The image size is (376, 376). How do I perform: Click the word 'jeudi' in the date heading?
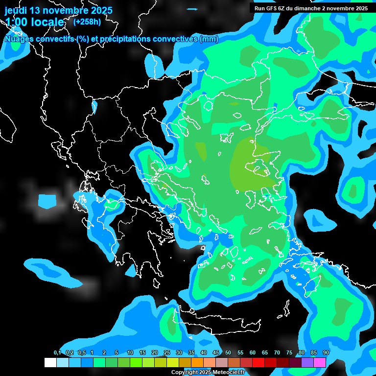pos(16,10)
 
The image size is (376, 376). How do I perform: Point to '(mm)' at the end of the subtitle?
pos(209,39)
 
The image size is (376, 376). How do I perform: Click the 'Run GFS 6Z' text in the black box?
pos(271,8)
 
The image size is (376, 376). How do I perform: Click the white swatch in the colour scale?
pos(50,362)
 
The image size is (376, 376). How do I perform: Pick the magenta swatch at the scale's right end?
pos(320,362)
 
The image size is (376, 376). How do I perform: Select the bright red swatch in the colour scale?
pos(258,362)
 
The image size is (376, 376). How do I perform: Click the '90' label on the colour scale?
pos(326,352)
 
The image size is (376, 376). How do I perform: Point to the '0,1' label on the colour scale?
pos(57,352)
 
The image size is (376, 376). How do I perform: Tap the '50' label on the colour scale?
pos(228,352)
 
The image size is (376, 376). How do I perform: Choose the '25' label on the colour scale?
pos(167,352)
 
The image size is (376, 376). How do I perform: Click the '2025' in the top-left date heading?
pos(101,10)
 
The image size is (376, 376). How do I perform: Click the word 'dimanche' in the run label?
pos(306,8)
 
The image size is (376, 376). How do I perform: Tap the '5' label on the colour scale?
pos(116,352)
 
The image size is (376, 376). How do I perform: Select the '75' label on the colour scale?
pos(289,352)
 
